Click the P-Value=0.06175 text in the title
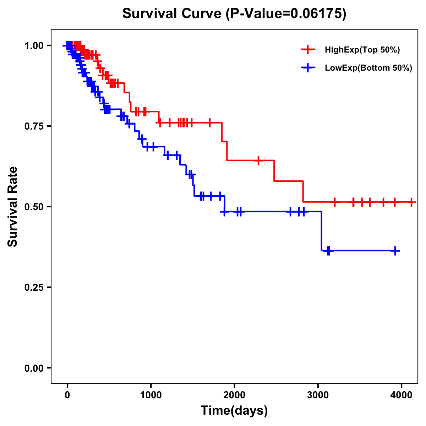(286, 14)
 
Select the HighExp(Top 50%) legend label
(362, 50)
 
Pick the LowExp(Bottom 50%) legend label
(368, 68)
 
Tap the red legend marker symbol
(308, 50)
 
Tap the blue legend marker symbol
(308, 68)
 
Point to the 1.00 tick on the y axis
(34, 45)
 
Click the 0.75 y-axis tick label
(34, 126)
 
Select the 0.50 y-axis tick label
(34, 207)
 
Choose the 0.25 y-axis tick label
(34, 287)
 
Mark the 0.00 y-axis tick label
(34, 368)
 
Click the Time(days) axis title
(234, 411)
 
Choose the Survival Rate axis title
(13, 207)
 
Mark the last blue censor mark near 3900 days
(395, 251)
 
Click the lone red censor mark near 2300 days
(258, 160)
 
